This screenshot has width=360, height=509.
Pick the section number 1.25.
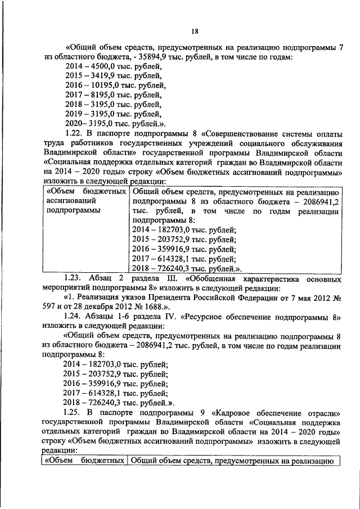(74, 413)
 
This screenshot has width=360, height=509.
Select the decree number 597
(50, 307)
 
